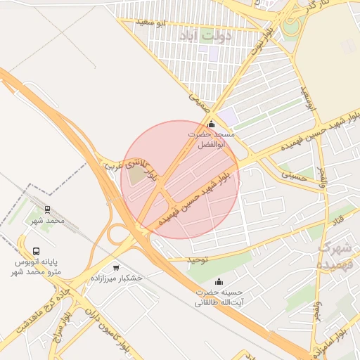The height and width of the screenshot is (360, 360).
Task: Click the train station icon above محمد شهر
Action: tap(47, 210)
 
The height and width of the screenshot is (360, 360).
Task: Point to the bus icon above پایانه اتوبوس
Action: tap(36, 251)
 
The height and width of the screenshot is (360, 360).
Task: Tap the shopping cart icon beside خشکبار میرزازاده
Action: tap(116, 267)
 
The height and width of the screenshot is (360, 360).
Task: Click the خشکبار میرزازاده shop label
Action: tap(116, 278)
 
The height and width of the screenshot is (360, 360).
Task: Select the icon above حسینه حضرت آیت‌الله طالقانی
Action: tap(218, 281)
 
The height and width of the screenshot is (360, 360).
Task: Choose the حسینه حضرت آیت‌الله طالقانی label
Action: tap(218, 296)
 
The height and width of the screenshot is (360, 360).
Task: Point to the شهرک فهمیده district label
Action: tap(334, 256)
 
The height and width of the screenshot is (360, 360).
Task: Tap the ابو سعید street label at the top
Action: tap(153, 23)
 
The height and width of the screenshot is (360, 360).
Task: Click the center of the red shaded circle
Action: tap(180, 180)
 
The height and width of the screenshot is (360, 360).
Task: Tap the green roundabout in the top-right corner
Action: tap(291, 28)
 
